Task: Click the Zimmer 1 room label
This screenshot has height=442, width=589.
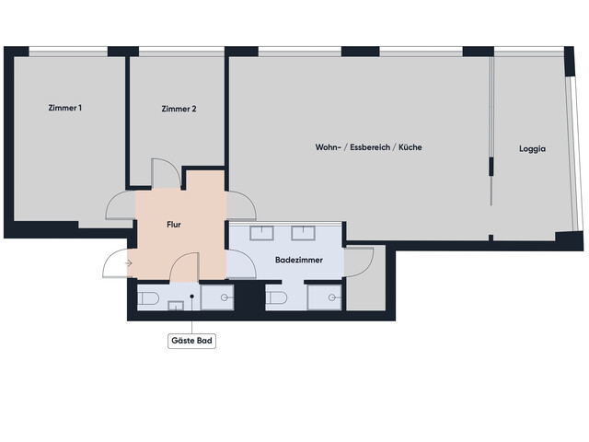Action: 65,109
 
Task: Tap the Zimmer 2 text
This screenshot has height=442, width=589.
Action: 179,109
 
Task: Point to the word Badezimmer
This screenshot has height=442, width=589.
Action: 297,261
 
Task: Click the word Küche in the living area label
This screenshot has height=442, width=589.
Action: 410,147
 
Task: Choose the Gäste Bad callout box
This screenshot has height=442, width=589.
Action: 191,340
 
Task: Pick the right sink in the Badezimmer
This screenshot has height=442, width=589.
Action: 304,232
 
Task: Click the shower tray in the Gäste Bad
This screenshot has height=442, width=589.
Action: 218,297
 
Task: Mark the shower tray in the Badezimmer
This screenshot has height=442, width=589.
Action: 324,297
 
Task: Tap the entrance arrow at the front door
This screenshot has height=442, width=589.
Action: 128,264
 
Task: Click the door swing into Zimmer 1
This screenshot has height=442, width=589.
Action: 121,207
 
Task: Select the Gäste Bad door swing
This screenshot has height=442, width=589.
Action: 183,266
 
